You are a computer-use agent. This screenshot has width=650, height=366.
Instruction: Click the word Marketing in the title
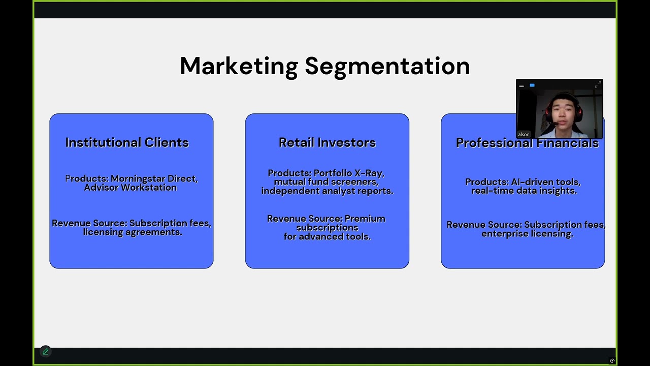(x=239, y=66)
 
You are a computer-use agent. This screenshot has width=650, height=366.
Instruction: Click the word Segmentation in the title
(x=387, y=66)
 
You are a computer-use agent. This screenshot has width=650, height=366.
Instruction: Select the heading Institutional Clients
(x=127, y=143)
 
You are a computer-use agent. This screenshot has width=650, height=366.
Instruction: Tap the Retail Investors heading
(x=327, y=143)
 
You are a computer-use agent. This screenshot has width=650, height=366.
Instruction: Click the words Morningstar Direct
(x=154, y=179)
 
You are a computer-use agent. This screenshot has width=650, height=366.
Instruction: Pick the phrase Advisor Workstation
(x=131, y=188)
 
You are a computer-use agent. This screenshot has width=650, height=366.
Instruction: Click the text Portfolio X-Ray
(x=349, y=173)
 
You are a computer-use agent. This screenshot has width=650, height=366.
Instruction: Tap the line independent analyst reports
(x=327, y=191)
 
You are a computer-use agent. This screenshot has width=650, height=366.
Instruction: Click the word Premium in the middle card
(x=365, y=219)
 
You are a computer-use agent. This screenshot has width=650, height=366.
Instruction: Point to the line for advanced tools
(x=327, y=236)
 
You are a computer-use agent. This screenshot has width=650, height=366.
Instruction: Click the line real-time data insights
(x=524, y=191)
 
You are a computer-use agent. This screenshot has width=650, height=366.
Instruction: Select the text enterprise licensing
(x=527, y=233)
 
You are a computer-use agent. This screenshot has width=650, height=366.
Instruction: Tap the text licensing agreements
(x=133, y=232)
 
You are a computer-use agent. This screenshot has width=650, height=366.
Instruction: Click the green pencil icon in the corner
(x=46, y=351)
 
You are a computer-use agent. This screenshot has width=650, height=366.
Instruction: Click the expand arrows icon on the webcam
(x=597, y=85)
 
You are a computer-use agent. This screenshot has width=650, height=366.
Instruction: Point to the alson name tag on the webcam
(x=524, y=134)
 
